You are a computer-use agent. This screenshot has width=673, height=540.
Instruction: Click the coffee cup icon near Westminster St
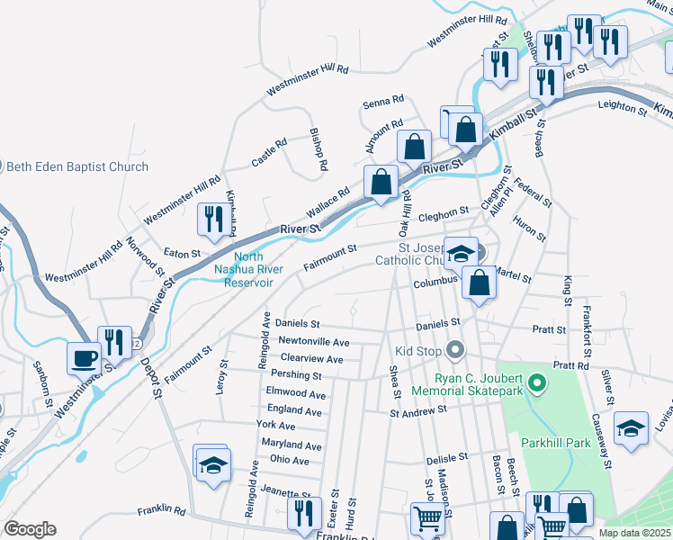(85, 357)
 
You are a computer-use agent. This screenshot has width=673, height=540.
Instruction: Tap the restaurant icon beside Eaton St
(213, 220)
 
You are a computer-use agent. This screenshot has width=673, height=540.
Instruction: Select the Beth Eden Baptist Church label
(77, 166)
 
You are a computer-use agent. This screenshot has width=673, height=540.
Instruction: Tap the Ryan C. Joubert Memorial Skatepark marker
(538, 384)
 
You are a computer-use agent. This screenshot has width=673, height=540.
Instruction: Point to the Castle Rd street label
(268, 151)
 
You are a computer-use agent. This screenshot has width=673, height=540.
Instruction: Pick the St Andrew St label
(418, 411)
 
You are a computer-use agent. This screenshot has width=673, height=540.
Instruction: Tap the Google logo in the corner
(31, 529)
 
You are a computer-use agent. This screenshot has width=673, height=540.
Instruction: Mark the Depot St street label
(149, 378)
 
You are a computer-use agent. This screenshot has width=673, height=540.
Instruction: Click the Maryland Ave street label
(291, 445)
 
